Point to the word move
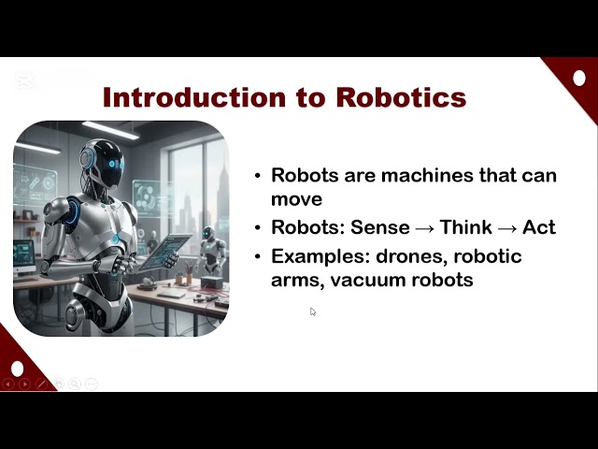point(296,198)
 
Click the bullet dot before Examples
point(259,257)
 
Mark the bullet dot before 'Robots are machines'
point(259,177)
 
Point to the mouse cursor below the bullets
point(312,311)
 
